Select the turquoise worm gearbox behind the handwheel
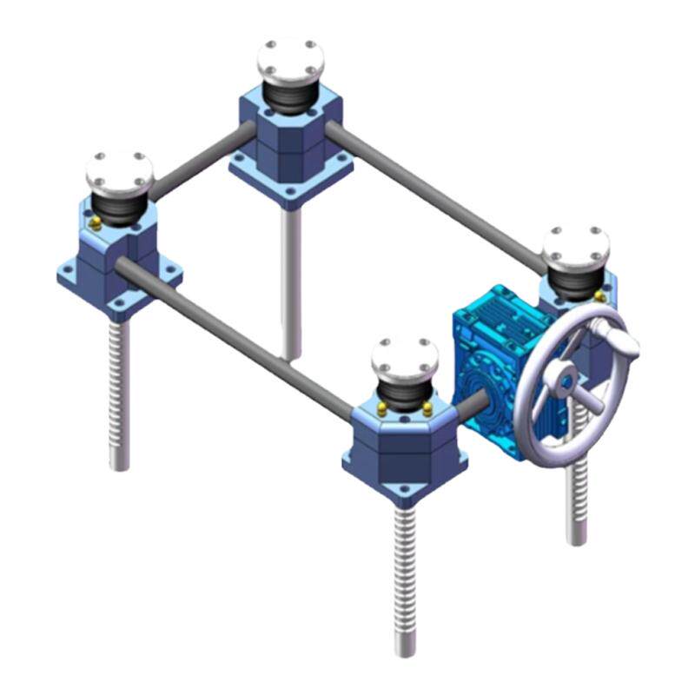point(491,347)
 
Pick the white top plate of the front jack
point(404,357)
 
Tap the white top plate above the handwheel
point(576,247)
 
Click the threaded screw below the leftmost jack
point(118,391)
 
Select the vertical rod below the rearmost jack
point(290,278)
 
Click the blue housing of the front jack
point(400,452)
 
